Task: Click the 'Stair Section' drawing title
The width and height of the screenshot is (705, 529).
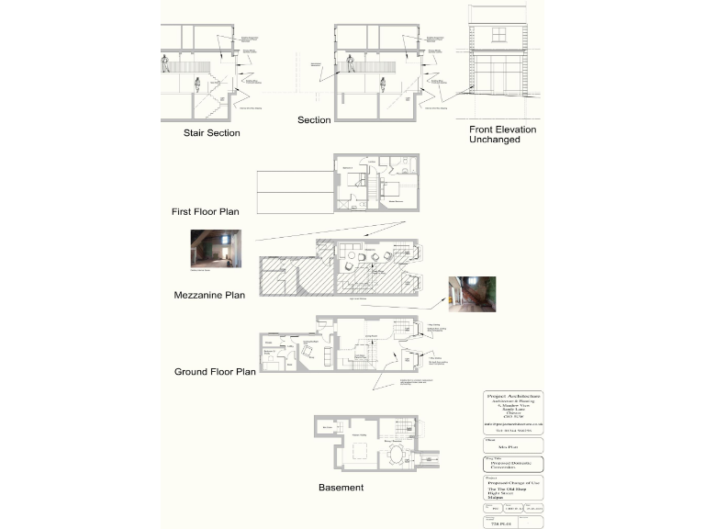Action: tap(211, 133)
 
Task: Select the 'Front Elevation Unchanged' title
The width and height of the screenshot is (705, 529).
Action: tap(502, 135)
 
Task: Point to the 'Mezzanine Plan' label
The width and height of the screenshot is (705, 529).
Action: tap(209, 296)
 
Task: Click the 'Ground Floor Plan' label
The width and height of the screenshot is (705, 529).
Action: tap(215, 372)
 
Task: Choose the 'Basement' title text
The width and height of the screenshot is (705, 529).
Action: tap(341, 487)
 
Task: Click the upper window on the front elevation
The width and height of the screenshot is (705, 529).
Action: tap(499, 36)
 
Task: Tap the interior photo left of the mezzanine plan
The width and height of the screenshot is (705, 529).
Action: tap(216, 249)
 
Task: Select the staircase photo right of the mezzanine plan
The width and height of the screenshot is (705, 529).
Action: tap(465, 294)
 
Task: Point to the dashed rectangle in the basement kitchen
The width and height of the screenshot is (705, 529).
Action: tap(360, 451)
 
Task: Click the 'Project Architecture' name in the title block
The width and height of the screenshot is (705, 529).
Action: tap(513, 396)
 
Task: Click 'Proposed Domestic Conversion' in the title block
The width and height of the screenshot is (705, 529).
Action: tap(513, 466)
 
